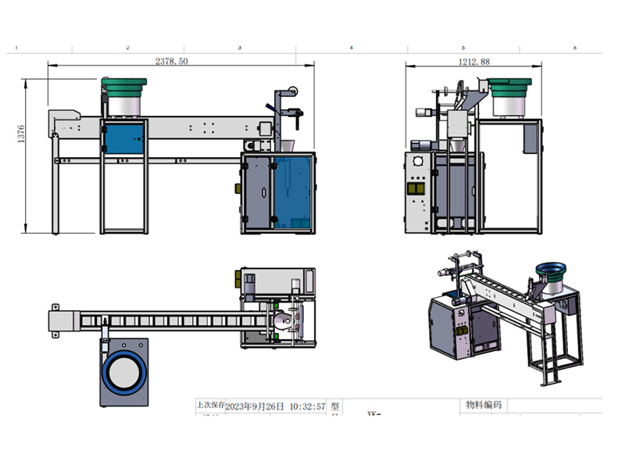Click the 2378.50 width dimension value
[x=171, y=61]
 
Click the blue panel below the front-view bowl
[x=123, y=138]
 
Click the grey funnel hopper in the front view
[x=287, y=146]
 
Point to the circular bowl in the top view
[x=124, y=373]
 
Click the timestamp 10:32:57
[x=307, y=406]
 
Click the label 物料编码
[x=484, y=406]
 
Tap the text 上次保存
[x=210, y=406]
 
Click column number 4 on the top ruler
[x=352, y=48]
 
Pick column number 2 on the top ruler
[x=128, y=48]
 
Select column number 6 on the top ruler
[x=575, y=48]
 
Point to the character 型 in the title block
[x=334, y=406]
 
